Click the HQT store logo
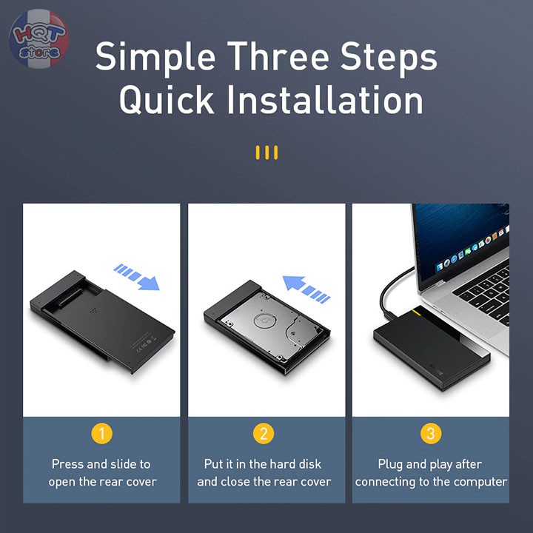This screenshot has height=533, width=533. point(38,38)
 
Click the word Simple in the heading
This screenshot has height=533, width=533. point(155,57)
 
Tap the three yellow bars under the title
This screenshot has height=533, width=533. point(266,153)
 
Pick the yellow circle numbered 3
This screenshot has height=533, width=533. point(431,433)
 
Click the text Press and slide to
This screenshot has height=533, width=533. point(101,464)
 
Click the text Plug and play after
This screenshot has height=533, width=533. point(431,464)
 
